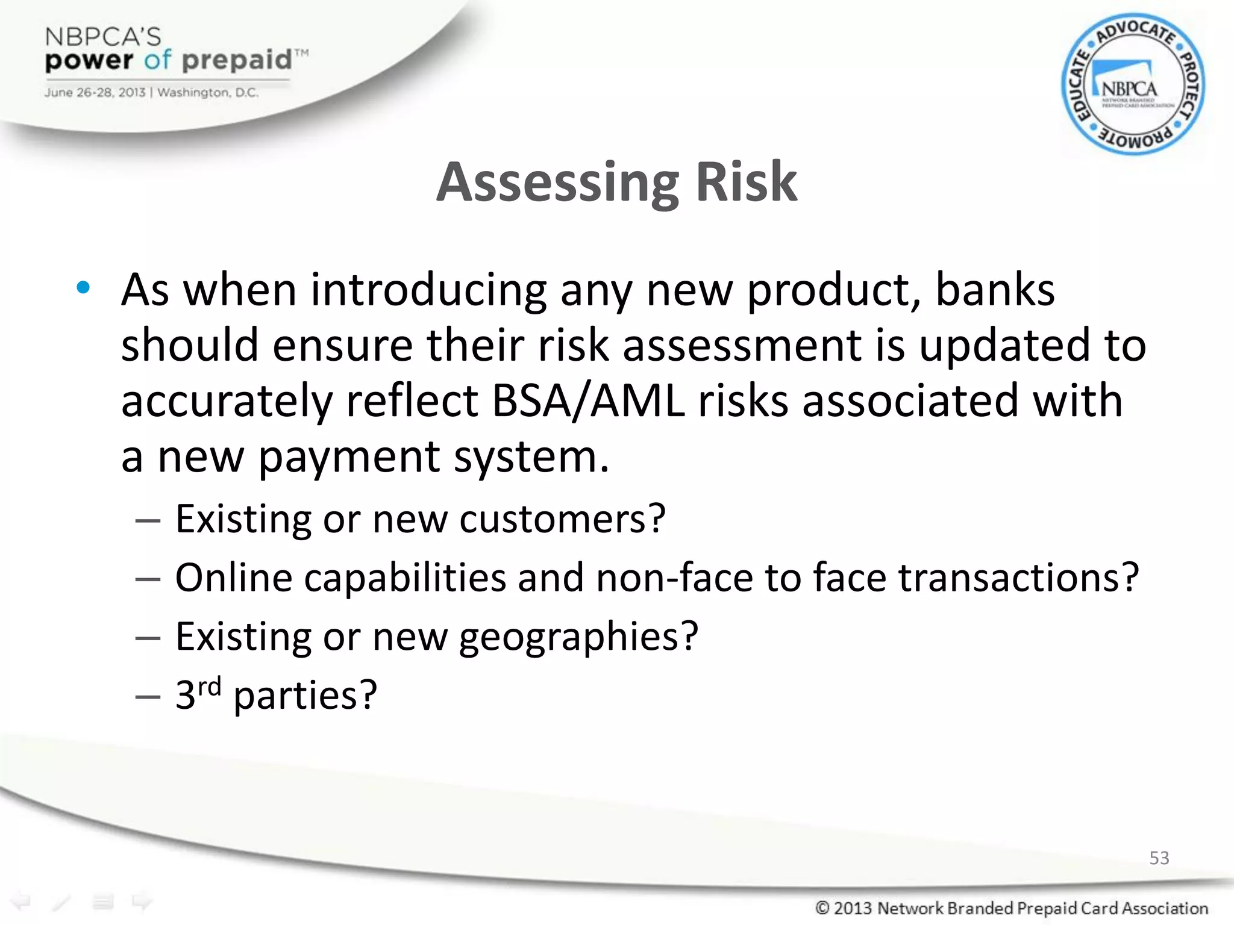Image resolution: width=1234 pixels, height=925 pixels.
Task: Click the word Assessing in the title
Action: (557, 182)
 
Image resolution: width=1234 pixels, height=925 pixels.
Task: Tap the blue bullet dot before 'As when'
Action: (83, 288)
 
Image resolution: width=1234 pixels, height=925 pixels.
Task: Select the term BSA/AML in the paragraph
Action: (588, 401)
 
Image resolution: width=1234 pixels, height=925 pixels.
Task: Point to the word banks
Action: (995, 290)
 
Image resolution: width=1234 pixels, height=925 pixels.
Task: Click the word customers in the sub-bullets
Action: (562, 519)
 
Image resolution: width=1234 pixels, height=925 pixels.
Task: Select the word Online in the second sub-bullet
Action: (234, 578)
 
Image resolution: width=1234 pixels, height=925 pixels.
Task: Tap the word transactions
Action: (1018, 578)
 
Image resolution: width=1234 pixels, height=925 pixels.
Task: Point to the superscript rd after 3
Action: (210, 686)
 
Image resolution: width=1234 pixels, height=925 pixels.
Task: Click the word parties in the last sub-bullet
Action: (304, 696)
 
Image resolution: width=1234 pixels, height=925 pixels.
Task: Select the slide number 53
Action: (1159, 858)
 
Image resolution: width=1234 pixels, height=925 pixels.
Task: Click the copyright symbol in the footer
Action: (822, 908)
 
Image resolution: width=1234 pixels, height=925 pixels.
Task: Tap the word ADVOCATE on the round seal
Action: (1135, 31)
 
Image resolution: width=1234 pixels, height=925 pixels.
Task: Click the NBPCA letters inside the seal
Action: (1129, 89)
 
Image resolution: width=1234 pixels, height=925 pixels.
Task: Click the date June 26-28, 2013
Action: (95, 93)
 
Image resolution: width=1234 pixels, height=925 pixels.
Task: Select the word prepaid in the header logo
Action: (236, 60)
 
